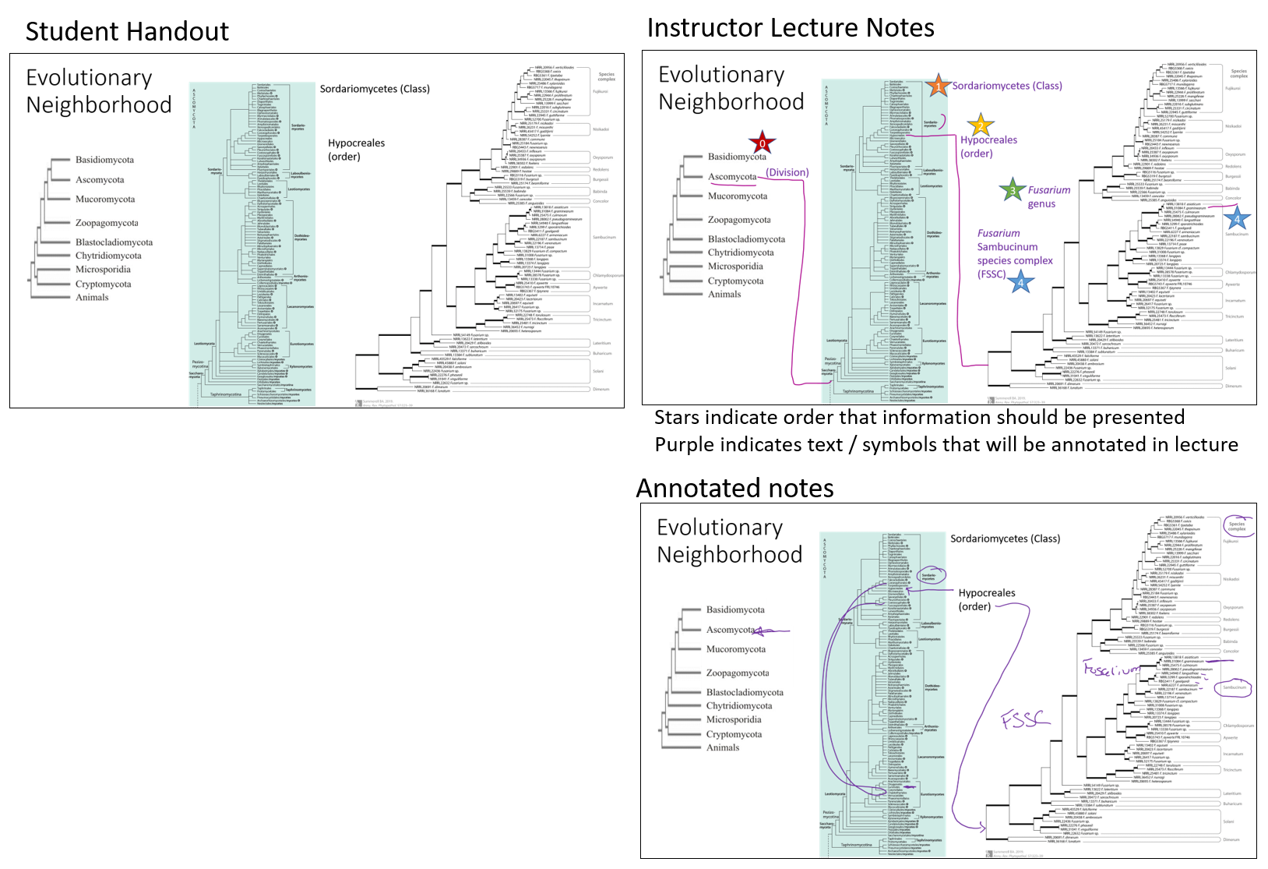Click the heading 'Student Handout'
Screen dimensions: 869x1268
127,32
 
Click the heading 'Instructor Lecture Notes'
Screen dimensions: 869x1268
791,28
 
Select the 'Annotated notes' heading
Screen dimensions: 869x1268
734,489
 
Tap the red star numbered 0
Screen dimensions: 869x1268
762,143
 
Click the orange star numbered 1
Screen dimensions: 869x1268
939,86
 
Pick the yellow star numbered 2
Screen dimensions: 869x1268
981,125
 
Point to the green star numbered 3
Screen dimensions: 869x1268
1012,190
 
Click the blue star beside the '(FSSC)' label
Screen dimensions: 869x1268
1020,281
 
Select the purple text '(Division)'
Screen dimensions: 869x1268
787,173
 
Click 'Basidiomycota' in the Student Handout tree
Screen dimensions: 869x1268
104,160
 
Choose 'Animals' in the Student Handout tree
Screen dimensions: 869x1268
92,297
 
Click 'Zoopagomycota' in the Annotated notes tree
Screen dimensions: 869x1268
737,673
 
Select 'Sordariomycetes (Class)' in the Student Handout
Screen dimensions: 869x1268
375,89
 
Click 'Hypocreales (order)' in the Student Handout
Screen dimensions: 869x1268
356,150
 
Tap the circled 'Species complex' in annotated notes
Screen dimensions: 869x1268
1236,526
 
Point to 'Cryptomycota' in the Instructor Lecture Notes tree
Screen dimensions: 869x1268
735,281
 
